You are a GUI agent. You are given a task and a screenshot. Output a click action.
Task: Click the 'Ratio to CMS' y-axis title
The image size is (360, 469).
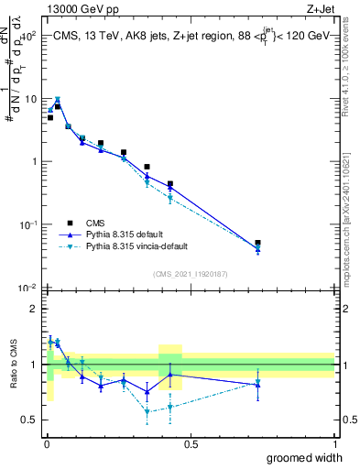point(12,365)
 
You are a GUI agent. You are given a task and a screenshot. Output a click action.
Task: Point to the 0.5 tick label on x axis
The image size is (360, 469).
point(190,443)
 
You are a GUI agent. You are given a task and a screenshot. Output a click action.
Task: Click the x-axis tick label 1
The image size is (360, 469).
point(334,443)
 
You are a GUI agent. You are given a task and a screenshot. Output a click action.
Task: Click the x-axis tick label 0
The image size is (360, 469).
point(46,443)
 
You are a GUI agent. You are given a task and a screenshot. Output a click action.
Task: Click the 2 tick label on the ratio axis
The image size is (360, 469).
point(35,309)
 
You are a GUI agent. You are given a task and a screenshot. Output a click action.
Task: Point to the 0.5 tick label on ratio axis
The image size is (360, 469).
point(30,420)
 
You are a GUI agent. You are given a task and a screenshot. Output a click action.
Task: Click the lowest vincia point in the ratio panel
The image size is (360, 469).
point(147,412)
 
